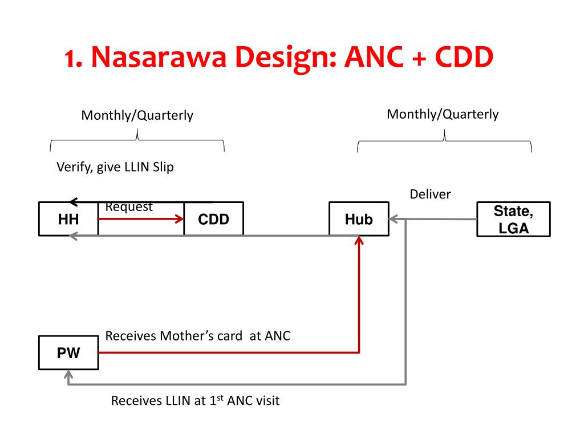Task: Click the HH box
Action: [x=68, y=219]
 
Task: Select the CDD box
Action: [x=213, y=219]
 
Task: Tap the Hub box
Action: [x=359, y=219]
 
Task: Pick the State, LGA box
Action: [x=513, y=220]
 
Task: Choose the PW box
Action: [x=68, y=354]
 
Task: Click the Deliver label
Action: [x=430, y=194]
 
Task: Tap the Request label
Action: [x=129, y=207]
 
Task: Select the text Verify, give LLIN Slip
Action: [x=115, y=167]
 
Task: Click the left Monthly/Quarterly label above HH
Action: [x=137, y=116]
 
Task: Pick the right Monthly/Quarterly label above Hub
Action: [x=443, y=114]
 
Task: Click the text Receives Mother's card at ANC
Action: [x=198, y=336]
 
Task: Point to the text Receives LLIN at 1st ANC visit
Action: [x=195, y=401]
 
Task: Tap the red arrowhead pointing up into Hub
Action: [x=359, y=242]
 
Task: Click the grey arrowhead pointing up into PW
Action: [x=68, y=375]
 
